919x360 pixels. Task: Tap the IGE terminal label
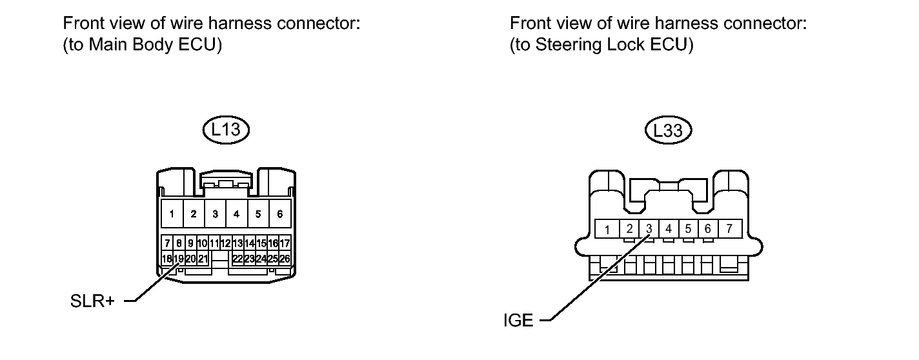pyautogui.click(x=518, y=320)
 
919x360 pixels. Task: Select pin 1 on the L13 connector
pyautogui.click(x=172, y=214)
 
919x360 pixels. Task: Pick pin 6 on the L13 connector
pyautogui.click(x=279, y=214)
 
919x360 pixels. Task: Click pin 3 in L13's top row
pyautogui.click(x=215, y=214)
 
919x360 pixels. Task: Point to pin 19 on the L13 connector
pyautogui.click(x=179, y=259)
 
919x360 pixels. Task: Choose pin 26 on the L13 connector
pyautogui.click(x=285, y=259)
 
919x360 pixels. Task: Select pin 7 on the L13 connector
pyautogui.click(x=167, y=244)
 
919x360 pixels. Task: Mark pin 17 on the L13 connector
pyautogui.click(x=285, y=244)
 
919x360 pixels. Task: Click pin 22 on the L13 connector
pyautogui.click(x=237, y=259)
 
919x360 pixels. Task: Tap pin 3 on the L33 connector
pyautogui.click(x=649, y=228)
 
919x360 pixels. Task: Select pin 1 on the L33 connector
pyautogui.click(x=607, y=229)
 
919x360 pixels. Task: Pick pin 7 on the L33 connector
pyautogui.click(x=729, y=228)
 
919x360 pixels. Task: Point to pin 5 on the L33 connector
pyautogui.click(x=689, y=228)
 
